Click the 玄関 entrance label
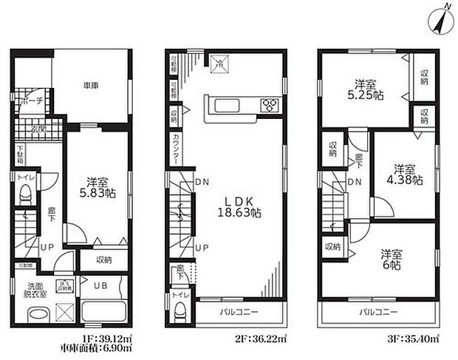pos(37,131)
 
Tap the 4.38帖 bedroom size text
pos(403,174)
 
